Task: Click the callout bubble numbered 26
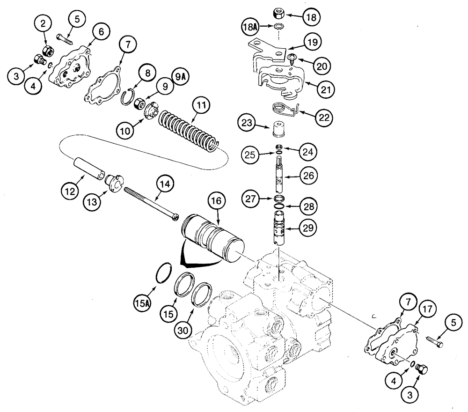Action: click(307, 176)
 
